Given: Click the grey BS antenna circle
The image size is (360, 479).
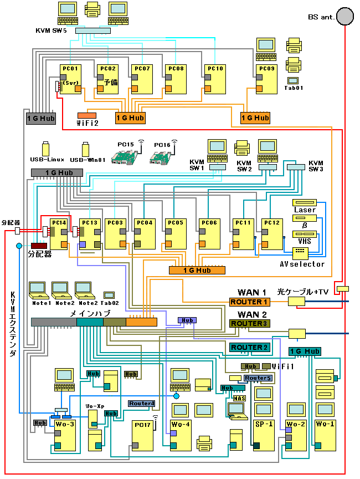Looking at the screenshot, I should click(344, 16).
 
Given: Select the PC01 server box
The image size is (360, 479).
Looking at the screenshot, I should click(70, 79).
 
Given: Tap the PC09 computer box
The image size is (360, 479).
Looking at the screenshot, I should click(266, 79).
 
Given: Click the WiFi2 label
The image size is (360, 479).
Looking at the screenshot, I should click(88, 123).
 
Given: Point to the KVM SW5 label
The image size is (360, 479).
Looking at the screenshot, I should click(51, 31).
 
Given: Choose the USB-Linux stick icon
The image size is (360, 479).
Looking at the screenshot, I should click(46, 149).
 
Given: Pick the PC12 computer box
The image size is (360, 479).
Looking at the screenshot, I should click(272, 233).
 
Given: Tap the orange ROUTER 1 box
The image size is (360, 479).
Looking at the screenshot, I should click(249, 302).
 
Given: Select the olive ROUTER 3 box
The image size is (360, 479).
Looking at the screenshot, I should click(249, 323).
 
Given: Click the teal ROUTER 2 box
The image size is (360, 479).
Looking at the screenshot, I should click(249, 348).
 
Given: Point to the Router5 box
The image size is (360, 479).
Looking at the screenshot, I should click(258, 378).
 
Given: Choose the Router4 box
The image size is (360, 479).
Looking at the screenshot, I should click(141, 403).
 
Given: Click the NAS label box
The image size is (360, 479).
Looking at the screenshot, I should click(239, 398).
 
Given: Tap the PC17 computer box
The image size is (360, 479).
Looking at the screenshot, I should click(142, 435).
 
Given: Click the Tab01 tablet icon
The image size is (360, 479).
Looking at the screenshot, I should click(293, 80).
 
